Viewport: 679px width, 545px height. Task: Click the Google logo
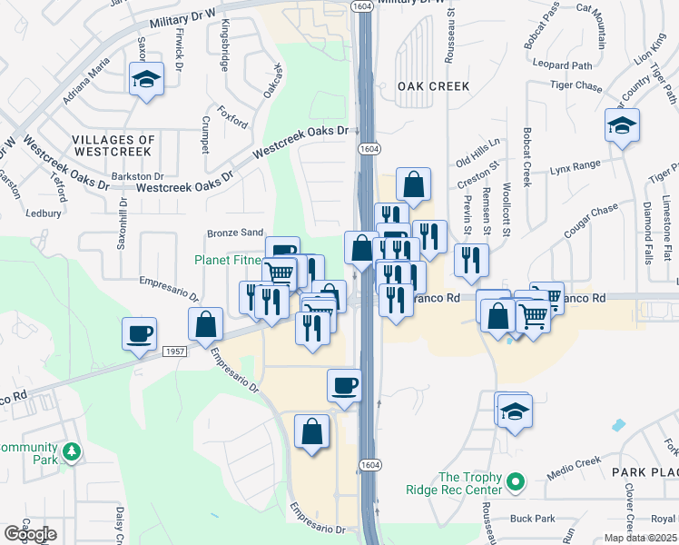click(x=29, y=534)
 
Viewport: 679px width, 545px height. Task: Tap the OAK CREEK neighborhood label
click(x=433, y=86)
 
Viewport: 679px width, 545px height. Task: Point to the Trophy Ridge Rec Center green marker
click(x=517, y=481)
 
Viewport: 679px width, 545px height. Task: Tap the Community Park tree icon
click(x=71, y=451)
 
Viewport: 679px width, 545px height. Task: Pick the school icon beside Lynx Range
click(x=622, y=125)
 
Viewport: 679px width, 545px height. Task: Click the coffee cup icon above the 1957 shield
click(x=139, y=333)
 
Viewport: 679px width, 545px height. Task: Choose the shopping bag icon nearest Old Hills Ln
click(x=413, y=184)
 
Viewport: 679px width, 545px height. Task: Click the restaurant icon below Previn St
click(x=470, y=260)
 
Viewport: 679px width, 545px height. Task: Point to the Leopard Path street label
click(x=562, y=65)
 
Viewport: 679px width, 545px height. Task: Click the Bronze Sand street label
click(x=235, y=233)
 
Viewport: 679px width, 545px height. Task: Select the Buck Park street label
click(x=532, y=519)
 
